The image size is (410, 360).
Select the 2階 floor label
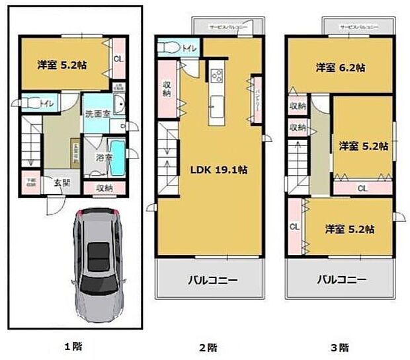(x=208, y=346)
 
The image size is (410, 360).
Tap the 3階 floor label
(x=339, y=346)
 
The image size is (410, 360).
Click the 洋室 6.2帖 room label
(x=341, y=67)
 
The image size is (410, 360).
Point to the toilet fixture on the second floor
(x=169, y=48)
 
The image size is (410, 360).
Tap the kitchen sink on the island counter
(x=216, y=104)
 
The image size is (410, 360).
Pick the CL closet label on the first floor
(x=118, y=59)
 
